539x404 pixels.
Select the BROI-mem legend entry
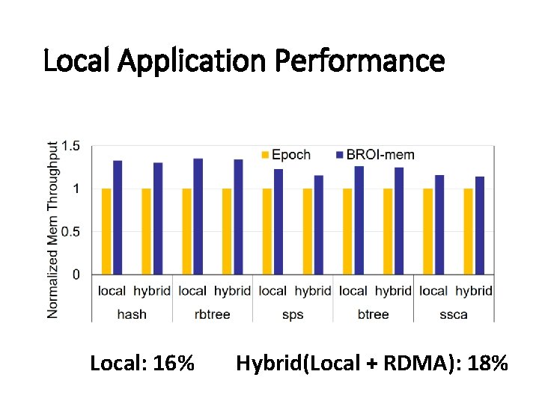[x=375, y=155]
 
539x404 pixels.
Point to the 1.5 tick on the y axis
[x=71, y=146]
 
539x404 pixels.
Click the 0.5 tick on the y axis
[x=71, y=232]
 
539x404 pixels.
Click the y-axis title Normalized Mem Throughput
[x=52, y=229]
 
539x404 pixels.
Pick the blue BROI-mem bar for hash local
[x=118, y=217]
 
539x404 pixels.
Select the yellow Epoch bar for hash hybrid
[x=146, y=231]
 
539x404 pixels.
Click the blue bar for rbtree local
[x=198, y=216]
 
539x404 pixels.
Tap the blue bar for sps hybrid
[x=318, y=224]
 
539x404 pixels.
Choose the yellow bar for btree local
[x=347, y=231]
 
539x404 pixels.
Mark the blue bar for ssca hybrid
[x=479, y=225]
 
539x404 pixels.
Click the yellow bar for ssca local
[x=427, y=231]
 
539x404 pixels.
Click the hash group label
[x=132, y=314]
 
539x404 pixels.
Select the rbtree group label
[x=212, y=314]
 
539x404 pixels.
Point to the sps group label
[x=293, y=314]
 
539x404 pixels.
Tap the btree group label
[x=373, y=314]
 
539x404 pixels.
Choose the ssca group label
[x=454, y=314]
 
